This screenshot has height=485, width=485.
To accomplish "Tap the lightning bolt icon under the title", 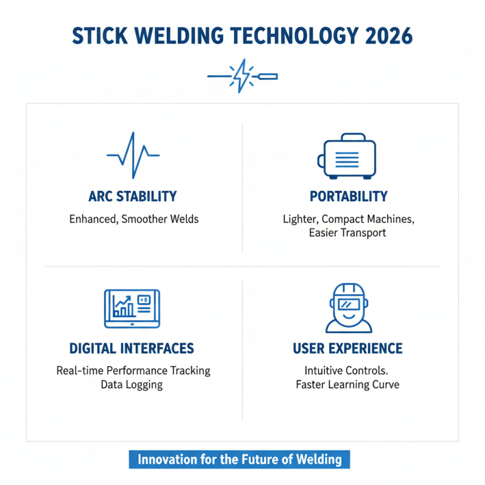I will coord(242,76).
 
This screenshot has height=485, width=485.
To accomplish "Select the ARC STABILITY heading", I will coord(133,196).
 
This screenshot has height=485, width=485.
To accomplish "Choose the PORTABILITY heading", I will coord(348,196).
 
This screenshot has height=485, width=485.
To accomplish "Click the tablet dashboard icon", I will coord(132,307).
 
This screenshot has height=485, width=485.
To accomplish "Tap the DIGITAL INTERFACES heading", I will coord(132,348).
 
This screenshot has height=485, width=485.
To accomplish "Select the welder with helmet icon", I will coord(347,307).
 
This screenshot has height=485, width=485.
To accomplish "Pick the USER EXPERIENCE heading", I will coord(347,348).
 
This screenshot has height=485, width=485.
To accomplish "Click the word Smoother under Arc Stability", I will coord(146,218).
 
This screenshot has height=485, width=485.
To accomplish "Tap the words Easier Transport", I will coord(347,233).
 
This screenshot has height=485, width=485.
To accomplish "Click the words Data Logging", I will coord(132,384).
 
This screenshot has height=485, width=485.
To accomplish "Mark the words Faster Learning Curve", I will coord(347,384).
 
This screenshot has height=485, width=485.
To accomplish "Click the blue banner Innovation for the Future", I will coord(239,459).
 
